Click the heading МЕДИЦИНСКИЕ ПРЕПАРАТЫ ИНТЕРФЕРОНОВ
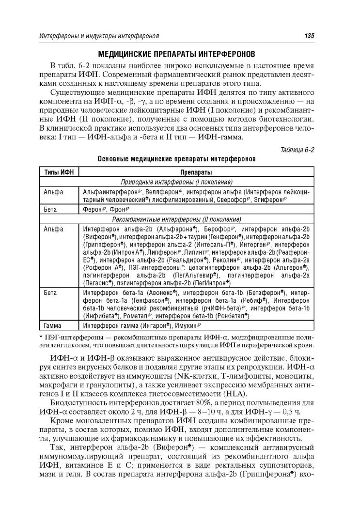pyautogui.click(x=180, y=53)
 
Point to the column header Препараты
pyautogui.click(x=196, y=172)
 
